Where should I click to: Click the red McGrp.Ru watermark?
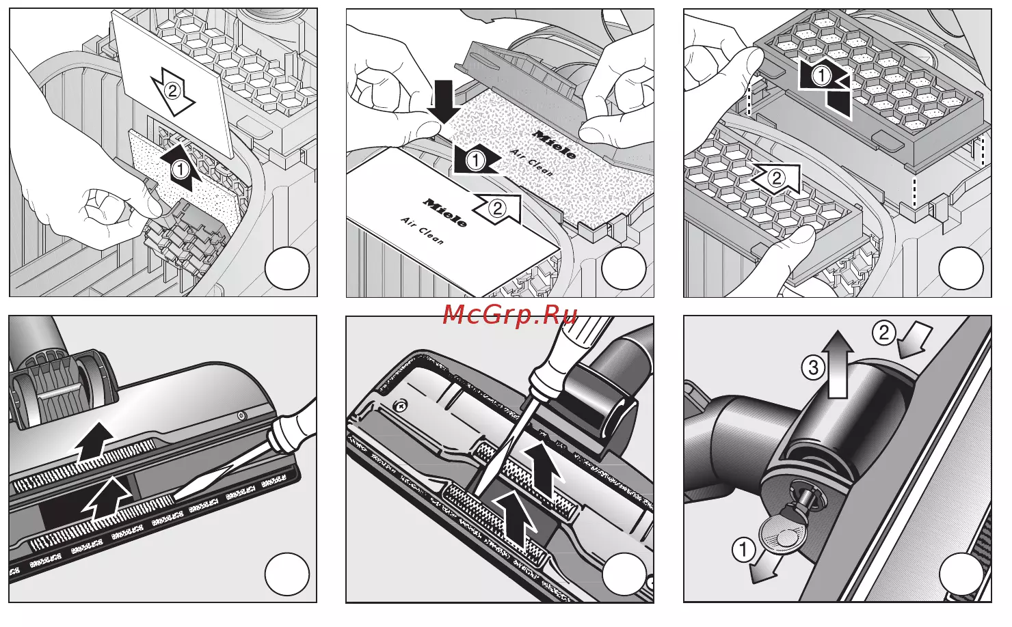pyautogui.click(x=510, y=314)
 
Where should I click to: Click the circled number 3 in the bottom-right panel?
pyautogui.click(x=813, y=367)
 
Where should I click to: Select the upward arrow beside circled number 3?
pyautogui.click(x=837, y=364)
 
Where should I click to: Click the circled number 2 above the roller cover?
pyautogui.click(x=883, y=333)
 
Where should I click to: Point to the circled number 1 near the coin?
pyautogui.click(x=743, y=551)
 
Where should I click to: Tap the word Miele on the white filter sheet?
pyautogui.click(x=444, y=212)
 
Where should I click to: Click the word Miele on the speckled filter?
pyautogui.click(x=555, y=144)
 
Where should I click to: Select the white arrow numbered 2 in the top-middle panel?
pyautogui.click(x=497, y=209)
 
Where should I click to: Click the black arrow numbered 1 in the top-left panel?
pyautogui.click(x=181, y=168)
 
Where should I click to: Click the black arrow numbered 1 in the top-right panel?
pyautogui.click(x=824, y=87)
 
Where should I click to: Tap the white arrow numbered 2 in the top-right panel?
pyautogui.click(x=775, y=179)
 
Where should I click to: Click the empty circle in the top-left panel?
pyautogui.click(x=287, y=269)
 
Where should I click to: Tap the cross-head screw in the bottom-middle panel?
pyautogui.click(x=399, y=406)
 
